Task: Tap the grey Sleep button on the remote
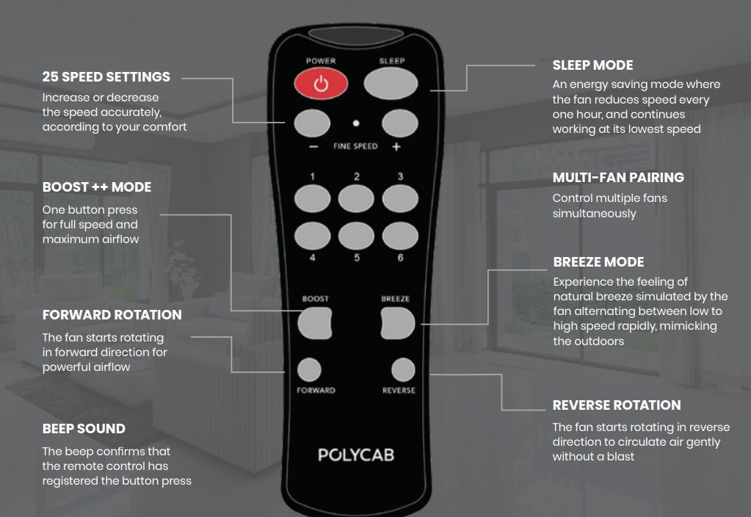tap(391, 84)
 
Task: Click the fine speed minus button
tap(312, 123)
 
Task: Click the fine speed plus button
tap(400, 123)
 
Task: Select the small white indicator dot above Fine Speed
tap(356, 123)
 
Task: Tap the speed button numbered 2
tap(356, 199)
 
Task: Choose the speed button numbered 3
tap(400, 199)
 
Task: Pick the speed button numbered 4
tap(312, 236)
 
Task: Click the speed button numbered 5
tap(356, 236)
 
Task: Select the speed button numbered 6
tap(400, 236)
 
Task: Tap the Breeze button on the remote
tap(398, 323)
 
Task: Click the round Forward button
tap(309, 370)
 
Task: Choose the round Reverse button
tap(403, 370)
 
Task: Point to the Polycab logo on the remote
tap(356, 455)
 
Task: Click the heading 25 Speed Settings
tap(106, 76)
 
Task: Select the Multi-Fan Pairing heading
tap(618, 178)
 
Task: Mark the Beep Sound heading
tap(84, 428)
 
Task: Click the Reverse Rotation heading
tap(617, 405)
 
